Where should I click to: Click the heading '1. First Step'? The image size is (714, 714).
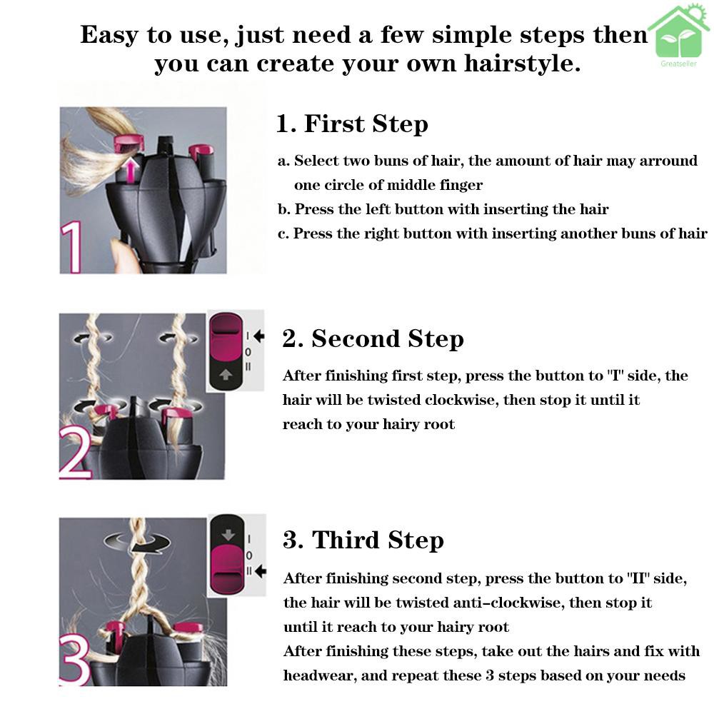(352, 124)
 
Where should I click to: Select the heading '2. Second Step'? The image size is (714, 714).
(373, 338)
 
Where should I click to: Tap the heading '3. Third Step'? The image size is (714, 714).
(363, 540)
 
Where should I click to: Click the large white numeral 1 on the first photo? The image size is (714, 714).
(71, 247)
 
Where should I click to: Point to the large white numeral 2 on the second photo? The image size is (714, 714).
(75, 453)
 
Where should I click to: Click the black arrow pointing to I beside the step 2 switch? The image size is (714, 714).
(259, 336)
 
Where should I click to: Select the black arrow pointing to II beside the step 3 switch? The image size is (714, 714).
(261, 571)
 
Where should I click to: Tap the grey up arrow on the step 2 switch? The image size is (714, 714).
(226, 374)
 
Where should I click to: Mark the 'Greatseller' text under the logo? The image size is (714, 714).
(678, 64)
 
